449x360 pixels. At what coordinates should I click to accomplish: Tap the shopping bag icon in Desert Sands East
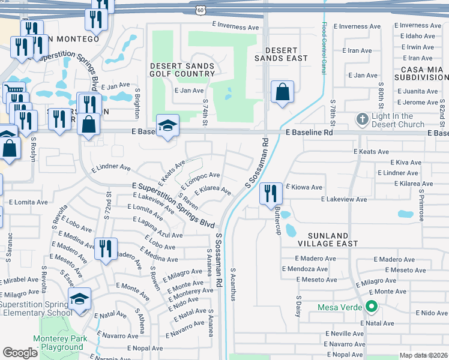[x=282, y=92]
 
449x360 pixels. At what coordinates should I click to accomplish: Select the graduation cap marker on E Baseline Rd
[x=167, y=125]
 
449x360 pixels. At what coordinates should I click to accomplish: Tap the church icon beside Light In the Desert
[x=362, y=119]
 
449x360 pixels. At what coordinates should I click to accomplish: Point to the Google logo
[x=20, y=353]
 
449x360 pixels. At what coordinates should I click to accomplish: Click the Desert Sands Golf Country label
[x=182, y=70]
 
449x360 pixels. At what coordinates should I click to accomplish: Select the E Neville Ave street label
[x=345, y=333]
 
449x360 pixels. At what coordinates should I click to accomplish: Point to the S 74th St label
[x=205, y=113]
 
